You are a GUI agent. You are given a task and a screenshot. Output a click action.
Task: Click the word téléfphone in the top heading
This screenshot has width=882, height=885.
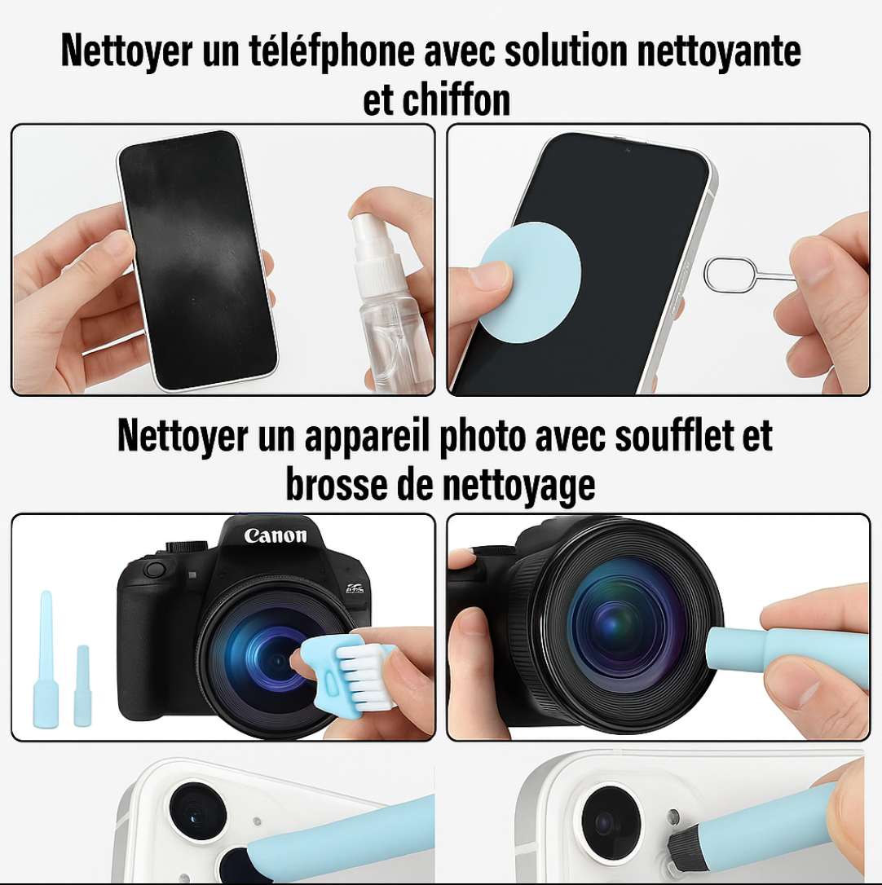click(x=332, y=51)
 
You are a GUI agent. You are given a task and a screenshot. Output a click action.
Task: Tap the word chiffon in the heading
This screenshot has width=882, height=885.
click(x=456, y=100)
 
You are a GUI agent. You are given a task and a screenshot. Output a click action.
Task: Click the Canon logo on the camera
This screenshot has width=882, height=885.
click(x=276, y=535)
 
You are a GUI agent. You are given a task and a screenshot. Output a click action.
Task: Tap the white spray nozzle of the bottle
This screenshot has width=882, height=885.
click(x=374, y=244)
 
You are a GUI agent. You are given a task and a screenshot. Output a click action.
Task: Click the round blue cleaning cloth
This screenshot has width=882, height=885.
click(x=528, y=282)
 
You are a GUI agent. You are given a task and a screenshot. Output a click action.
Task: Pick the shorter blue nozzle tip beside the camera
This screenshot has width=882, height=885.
click(x=82, y=685)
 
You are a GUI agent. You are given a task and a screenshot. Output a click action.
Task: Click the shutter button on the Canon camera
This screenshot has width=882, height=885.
click(x=154, y=568)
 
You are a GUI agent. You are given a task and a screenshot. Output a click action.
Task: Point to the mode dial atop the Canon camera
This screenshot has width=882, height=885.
click(x=187, y=546)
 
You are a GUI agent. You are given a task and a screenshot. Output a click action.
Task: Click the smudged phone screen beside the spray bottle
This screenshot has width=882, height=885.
click(x=197, y=260)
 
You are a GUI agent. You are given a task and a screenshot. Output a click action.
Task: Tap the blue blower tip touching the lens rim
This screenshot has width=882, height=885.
click(x=735, y=648)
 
